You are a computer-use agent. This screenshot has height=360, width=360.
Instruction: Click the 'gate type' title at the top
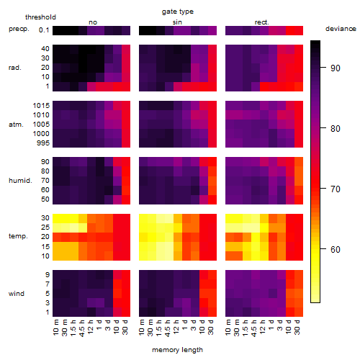[x=178, y=12]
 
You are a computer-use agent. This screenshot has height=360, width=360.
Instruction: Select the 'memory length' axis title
[x=177, y=350]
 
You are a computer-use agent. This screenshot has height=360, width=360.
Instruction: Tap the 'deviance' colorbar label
[x=341, y=29]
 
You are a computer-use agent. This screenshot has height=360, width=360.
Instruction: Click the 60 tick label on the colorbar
[x=336, y=250]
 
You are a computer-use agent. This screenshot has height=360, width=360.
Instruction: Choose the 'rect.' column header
[x=261, y=22]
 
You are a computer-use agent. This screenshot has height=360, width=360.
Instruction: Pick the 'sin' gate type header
[x=177, y=22]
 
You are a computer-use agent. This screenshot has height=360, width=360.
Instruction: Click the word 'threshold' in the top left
[x=40, y=17]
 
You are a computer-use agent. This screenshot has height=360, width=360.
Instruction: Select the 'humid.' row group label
[x=20, y=181]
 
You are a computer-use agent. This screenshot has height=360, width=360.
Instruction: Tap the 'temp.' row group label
[x=18, y=236]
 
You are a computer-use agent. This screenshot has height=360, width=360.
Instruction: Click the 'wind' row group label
[x=17, y=294]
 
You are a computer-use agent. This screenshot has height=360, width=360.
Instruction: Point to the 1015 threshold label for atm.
[x=41, y=106]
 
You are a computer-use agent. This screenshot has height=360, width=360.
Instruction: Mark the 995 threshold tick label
[x=43, y=143]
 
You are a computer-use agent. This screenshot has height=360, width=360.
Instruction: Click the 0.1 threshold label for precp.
[x=44, y=30]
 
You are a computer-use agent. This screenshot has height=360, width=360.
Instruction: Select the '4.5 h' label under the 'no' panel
[x=82, y=328]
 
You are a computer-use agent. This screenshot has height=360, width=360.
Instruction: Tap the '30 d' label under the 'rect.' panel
[x=297, y=328]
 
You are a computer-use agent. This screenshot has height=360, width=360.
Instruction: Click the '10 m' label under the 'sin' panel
[x=142, y=328]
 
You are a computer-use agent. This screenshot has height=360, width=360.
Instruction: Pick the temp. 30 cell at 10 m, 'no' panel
[x=57, y=218]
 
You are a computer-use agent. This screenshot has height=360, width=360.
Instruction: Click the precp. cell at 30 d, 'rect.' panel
[x=299, y=30]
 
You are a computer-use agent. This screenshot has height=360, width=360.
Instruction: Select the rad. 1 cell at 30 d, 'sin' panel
[x=212, y=86]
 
